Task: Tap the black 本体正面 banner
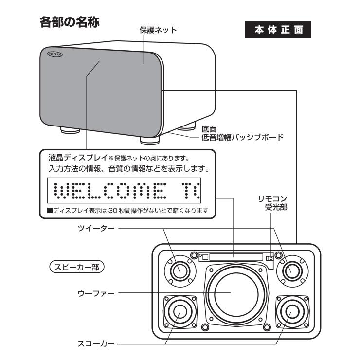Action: click(279, 29)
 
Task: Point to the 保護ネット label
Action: click(158, 30)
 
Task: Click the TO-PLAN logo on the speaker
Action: click(54, 55)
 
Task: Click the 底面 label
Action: click(209, 129)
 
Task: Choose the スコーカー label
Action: click(95, 344)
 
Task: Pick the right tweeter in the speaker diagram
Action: click(292, 269)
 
